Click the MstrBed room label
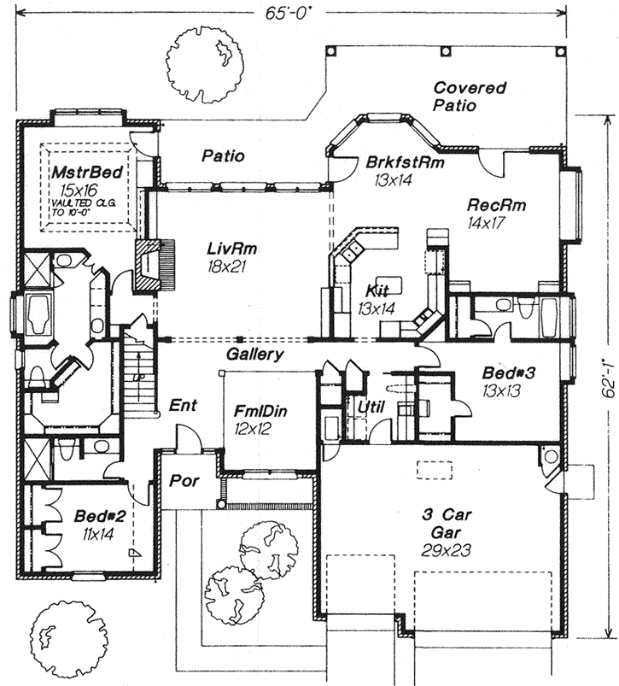[85, 173]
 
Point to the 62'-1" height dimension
[608, 376]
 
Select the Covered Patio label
[469, 97]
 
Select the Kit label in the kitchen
[377, 290]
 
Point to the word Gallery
[255, 354]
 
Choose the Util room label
[371, 407]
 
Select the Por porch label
[184, 481]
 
